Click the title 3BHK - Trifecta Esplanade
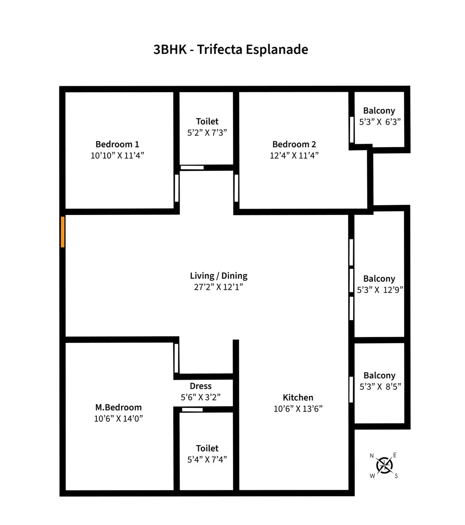point(231,50)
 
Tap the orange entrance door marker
point(63,232)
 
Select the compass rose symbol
point(384,465)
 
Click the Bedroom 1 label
point(117,144)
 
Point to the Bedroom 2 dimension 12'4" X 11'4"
point(294,155)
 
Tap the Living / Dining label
point(219,276)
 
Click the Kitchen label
point(298,398)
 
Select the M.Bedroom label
point(118,407)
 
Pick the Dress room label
point(201,386)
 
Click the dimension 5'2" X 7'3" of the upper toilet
point(207,133)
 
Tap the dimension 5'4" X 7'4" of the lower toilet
point(207,460)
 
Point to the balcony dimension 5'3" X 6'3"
point(380,122)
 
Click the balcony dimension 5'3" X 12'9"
point(380,290)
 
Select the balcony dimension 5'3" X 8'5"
point(380,387)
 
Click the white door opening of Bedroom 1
point(177,188)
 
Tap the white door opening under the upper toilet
point(192,168)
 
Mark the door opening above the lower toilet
point(192,410)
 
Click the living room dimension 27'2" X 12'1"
point(219,287)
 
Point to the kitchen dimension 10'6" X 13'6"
point(298,409)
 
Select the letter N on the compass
point(372,456)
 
